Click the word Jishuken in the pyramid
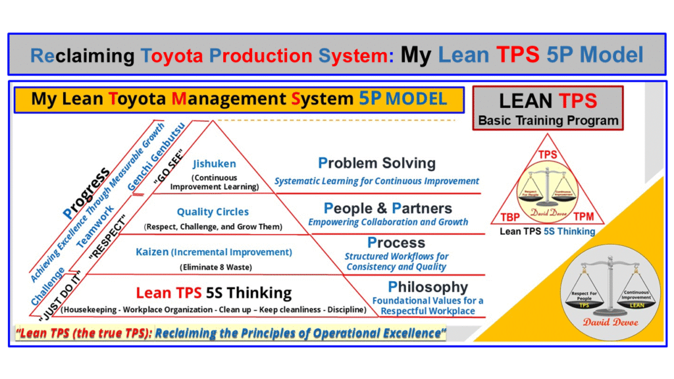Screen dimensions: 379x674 click(214, 164)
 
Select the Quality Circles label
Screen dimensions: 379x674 click(213, 212)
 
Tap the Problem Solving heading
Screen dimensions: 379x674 click(376, 163)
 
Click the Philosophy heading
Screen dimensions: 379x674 click(427, 287)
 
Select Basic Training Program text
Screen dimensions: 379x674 click(548, 120)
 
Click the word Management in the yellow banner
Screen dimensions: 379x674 click(228, 99)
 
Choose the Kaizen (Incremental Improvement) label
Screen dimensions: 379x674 click(213, 252)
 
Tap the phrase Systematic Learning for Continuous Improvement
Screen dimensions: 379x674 click(376, 181)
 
